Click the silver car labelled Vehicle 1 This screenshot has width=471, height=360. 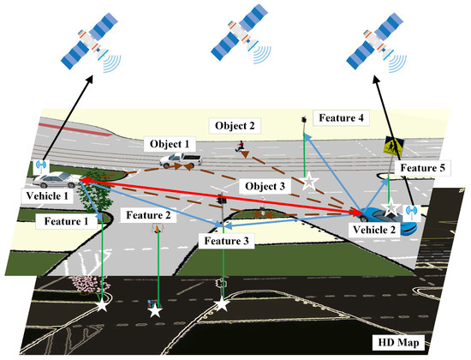[54, 180]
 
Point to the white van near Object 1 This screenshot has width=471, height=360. [184, 159]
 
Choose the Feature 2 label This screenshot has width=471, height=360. [150, 214]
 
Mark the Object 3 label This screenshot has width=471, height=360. [264, 185]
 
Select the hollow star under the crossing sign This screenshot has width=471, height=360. [391, 207]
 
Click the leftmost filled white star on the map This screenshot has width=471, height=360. [104, 304]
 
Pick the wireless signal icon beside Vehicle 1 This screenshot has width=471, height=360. [39, 165]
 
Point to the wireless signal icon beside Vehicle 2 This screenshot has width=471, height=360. [410, 209]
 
